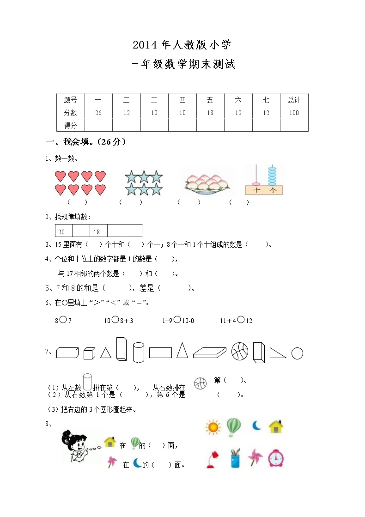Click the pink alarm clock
point(276,458)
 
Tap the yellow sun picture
point(213,427)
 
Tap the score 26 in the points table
point(98,113)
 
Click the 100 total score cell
point(294,113)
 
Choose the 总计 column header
point(294,100)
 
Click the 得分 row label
point(70,126)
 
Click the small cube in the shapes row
point(89,354)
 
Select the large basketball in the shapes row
point(239,352)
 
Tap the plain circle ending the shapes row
point(298,353)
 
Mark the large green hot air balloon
point(233,426)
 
